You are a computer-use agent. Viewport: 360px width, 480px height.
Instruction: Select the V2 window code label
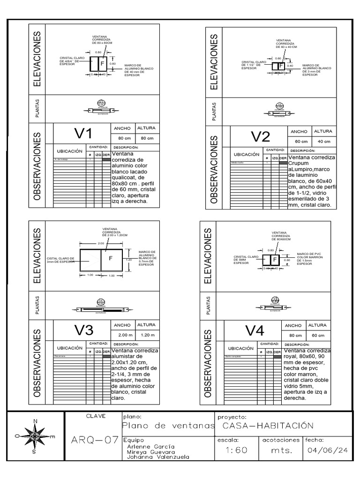(x=260, y=137)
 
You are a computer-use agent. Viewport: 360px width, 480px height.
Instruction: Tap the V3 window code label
(x=84, y=330)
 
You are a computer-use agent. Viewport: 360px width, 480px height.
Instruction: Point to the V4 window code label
(x=255, y=330)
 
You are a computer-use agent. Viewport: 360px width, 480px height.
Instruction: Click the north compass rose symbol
(x=35, y=436)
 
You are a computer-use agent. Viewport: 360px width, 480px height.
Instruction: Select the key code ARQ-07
(x=94, y=440)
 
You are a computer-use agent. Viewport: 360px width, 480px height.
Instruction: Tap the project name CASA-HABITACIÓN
(x=267, y=426)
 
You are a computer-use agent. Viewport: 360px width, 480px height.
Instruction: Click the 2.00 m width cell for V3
(x=123, y=335)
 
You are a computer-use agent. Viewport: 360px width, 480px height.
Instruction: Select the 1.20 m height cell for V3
(x=147, y=335)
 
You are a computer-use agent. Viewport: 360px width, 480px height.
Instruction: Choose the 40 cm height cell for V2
(x=323, y=141)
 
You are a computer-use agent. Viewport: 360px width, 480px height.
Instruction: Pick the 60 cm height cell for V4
(x=318, y=335)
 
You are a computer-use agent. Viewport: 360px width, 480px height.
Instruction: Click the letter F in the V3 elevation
(x=111, y=258)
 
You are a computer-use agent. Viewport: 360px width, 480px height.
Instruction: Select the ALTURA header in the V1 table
(x=147, y=128)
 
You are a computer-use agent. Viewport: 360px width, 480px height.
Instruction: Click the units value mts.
(x=281, y=450)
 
